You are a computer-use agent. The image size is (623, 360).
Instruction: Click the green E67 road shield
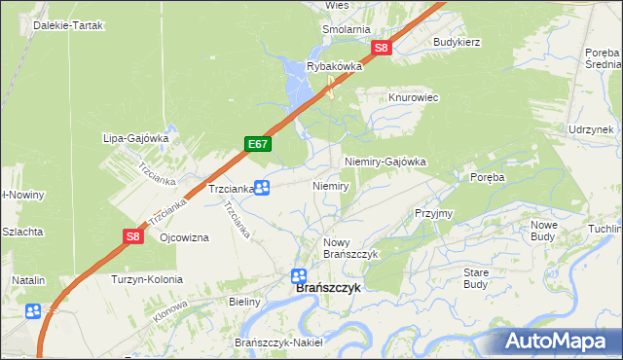click(258, 144)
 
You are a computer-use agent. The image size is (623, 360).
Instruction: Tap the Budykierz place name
click(458, 43)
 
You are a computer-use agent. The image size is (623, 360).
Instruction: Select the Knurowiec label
click(415, 98)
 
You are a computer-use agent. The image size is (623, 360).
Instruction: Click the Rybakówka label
click(334, 66)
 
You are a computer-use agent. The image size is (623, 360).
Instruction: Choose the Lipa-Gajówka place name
click(136, 138)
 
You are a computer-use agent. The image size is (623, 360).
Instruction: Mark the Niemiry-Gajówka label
click(385, 162)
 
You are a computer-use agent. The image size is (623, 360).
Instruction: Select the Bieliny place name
click(244, 302)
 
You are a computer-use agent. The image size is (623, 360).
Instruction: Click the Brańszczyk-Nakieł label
click(278, 342)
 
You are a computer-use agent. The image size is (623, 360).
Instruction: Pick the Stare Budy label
click(475, 278)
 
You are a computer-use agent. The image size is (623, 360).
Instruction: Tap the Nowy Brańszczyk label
click(349, 247)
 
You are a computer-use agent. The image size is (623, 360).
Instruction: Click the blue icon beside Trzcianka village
click(261, 188)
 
